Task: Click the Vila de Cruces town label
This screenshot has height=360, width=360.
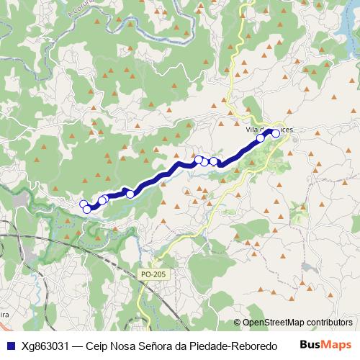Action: pyautogui.click(x=269, y=130)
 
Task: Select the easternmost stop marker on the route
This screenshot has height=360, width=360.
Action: pyautogui.click(x=275, y=133)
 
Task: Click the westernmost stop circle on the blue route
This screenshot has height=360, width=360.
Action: pyautogui.click(x=84, y=204)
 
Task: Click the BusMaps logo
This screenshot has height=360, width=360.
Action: pyautogui.click(x=325, y=345)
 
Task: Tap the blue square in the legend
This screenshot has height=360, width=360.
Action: pyautogui.click(x=10, y=346)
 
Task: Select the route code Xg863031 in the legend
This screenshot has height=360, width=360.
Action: pyautogui.click(x=45, y=346)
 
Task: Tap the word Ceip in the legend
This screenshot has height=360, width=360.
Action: pyautogui.click(x=96, y=346)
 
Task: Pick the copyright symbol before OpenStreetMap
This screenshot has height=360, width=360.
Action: pyautogui.click(x=238, y=323)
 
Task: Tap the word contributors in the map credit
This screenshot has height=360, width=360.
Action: pyautogui.click(x=329, y=323)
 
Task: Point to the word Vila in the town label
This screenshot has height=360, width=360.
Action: pyautogui.click(x=252, y=130)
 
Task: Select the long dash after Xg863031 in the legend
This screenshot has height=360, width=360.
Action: pyautogui.click(x=78, y=346)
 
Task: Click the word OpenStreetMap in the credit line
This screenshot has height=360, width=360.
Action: pyautogui.click(x=274, y=323)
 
